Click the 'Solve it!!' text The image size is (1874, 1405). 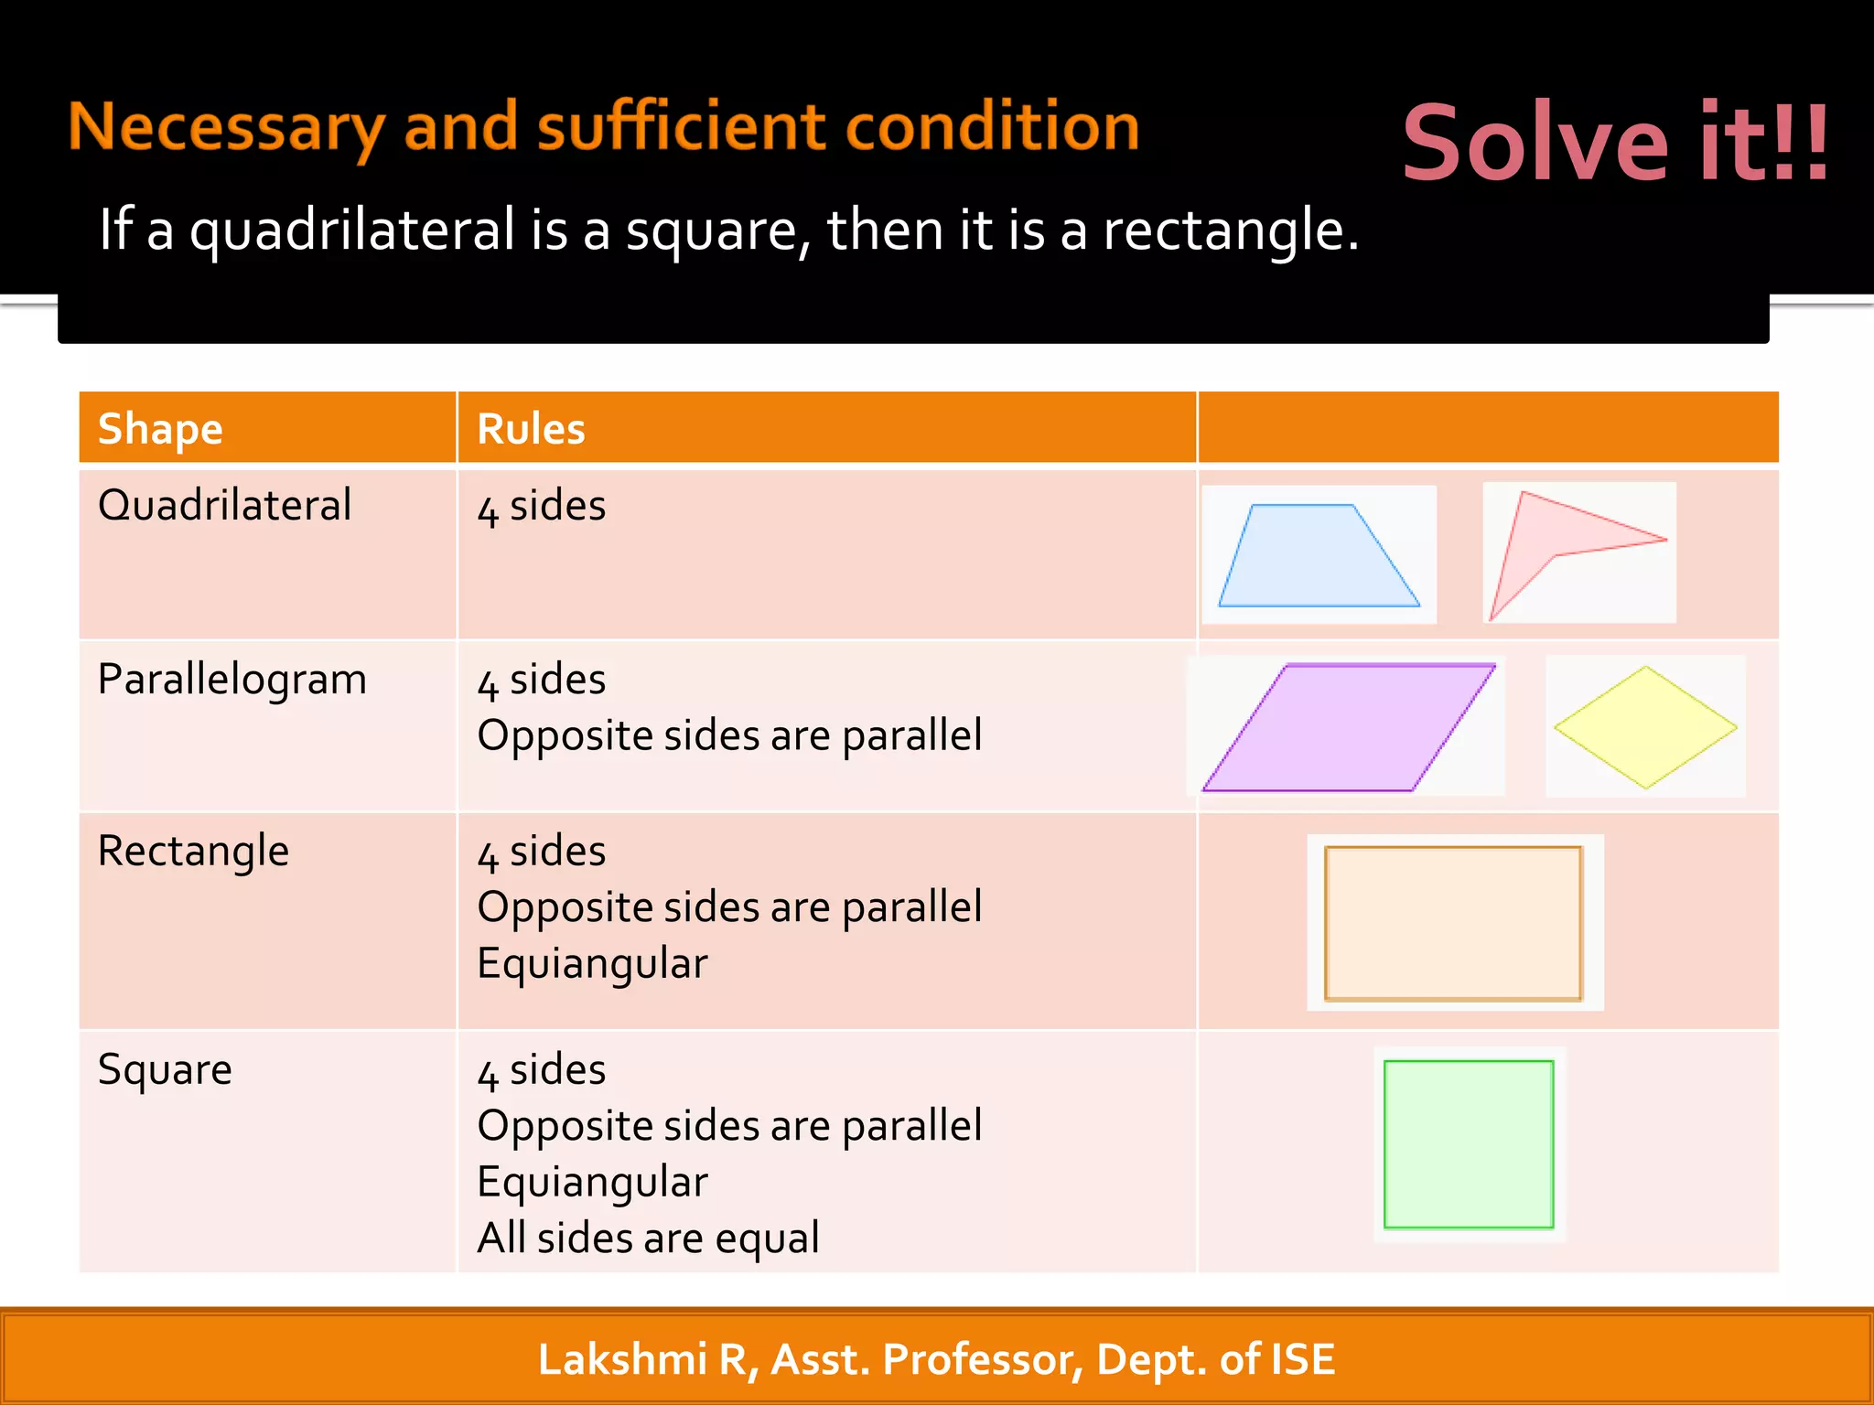[1616, 143]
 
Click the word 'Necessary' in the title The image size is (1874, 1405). [225, 128]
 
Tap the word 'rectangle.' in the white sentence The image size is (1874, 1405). [1230, 230]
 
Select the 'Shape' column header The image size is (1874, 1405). [160, 429]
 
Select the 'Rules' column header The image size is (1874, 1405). [531, 429]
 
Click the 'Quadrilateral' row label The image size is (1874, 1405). [224, 505]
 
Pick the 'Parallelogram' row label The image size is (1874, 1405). [232, 680]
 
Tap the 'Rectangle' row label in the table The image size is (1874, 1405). [193, 852]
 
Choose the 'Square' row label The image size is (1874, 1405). [165, 1069]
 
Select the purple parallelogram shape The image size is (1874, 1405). [1348, 727]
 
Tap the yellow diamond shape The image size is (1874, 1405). [1645, 727]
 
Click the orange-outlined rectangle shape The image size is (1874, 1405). [1453, 923]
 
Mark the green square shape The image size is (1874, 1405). [1469, 1144]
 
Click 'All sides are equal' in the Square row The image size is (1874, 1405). [648, 1239]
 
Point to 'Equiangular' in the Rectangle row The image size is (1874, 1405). [592, 964]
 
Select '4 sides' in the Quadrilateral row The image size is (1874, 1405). [542, 507]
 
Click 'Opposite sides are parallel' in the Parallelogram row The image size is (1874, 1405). [729, 736]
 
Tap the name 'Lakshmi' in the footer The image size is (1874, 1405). [622, 1359]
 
